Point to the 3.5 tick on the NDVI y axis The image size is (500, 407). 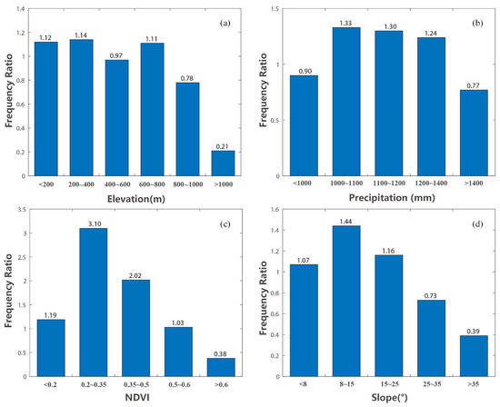coord(28,211)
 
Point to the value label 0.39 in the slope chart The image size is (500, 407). coord(471,330)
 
